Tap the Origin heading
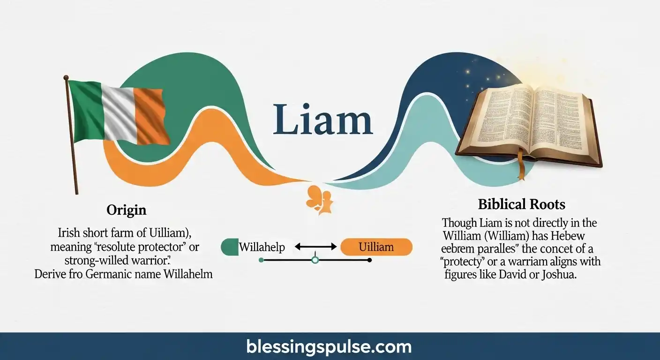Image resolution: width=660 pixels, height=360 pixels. pos(127,210)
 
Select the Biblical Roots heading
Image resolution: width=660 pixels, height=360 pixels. pos(521,204)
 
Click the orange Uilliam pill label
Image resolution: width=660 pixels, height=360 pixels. pos(376,247)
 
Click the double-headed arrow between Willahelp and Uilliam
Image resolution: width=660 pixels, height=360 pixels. pos(316,247)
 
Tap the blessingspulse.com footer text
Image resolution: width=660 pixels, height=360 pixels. pos(329,347)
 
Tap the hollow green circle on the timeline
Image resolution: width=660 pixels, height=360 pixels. pos(315,260)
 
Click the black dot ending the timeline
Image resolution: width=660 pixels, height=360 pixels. pos(370,260)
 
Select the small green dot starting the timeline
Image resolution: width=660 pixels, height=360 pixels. pos(261,260)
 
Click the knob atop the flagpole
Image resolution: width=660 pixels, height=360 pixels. pos(66,77)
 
